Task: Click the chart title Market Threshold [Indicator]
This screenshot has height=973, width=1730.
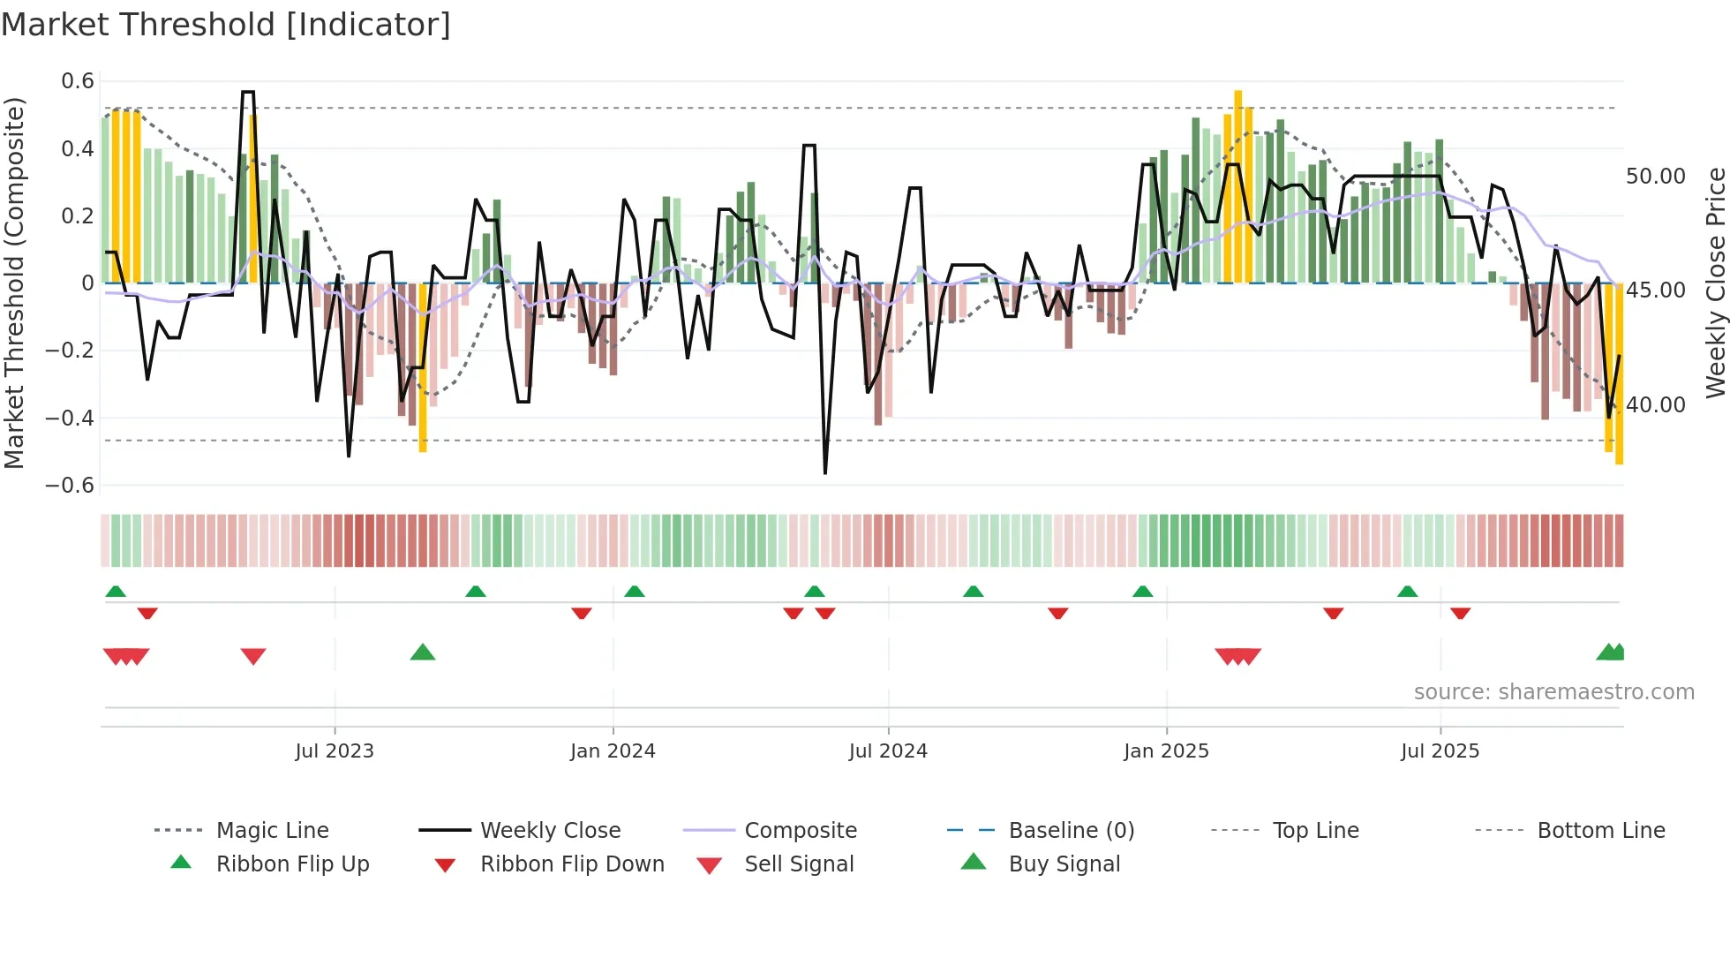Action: click(226, 25)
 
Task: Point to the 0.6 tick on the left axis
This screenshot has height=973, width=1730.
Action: click(78, 81)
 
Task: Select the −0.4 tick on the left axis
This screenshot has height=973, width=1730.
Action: click(71, 418)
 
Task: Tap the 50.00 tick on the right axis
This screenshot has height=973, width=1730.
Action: click(1655, 177)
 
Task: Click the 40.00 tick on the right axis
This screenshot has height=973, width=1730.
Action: click(1655, 405)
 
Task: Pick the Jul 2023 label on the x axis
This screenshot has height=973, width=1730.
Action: click(335, 751)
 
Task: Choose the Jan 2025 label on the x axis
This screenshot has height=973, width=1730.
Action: click(1166, 751)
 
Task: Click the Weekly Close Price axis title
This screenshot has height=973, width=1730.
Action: click(1714, 283)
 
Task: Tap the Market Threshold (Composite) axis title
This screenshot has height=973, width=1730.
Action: click(14, 283)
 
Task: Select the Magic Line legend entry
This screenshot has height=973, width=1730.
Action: click(272, 831)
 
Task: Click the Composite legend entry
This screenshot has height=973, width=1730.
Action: click(800, 831)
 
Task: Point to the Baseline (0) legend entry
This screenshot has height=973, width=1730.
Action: click(1071, 831)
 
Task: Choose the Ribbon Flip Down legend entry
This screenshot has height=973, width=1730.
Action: click(571, 864)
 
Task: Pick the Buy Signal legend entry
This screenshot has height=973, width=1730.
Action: click(1064, 864)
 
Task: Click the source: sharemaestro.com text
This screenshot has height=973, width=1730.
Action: click(1553, 692)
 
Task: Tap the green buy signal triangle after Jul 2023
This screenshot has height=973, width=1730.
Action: click(423, 653)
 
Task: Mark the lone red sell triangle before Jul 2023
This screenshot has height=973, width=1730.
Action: click(253, 656)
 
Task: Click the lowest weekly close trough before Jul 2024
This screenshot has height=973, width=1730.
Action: click(825, 472)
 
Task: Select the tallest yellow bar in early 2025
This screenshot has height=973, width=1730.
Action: click(1238, 185)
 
